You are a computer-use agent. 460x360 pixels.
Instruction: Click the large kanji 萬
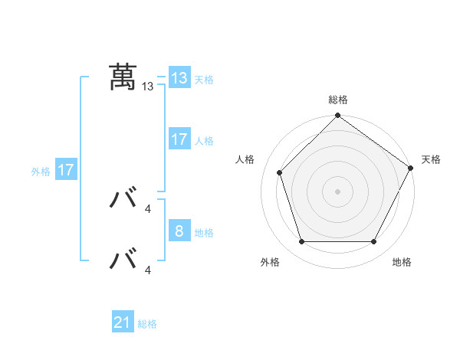click(123, 77)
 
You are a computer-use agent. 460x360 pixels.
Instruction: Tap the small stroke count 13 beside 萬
click(148, 87)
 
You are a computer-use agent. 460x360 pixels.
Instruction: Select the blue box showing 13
click(179, 78)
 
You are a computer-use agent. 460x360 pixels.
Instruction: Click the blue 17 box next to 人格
click(179, 139)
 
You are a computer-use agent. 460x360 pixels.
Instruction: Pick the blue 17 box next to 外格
click(66, 170)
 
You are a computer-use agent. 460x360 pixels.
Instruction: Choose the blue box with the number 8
click(179, 231)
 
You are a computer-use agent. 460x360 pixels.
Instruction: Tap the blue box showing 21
click(123, 323)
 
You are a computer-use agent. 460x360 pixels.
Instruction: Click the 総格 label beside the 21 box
click(147, 324)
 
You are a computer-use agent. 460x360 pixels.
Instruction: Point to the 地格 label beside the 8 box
click(204, 232)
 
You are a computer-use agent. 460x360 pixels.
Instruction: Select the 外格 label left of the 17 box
click(41, 172)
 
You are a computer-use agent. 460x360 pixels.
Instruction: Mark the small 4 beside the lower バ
click(148, 270)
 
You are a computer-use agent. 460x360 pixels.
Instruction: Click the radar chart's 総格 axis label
click(337, 100)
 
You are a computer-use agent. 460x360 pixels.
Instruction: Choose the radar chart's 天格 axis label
click(431, 159)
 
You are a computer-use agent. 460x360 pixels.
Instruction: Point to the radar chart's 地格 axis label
click(402, 262)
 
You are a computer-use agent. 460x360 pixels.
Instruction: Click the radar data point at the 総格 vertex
click(337, 116)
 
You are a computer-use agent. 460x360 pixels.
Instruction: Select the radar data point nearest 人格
click(280, 172)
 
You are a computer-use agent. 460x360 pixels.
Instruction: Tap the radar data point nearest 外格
click(301, 242)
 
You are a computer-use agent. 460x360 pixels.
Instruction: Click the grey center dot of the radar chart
click(337, 191)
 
